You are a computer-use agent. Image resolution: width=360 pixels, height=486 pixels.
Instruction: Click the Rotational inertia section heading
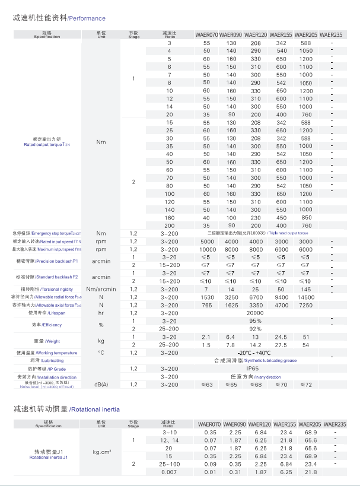(x=95, y=409)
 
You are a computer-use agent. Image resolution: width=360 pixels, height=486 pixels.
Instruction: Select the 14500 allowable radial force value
(x=306, y=297)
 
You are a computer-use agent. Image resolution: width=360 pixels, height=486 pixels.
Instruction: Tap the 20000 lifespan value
(x=256, y=313)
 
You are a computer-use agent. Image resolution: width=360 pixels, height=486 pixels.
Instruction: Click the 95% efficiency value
(x=256, y=320)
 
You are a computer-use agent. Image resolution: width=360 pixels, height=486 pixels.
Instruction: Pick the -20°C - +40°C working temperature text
(x=256, y=352)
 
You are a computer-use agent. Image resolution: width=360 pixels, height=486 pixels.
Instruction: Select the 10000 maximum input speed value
(x=207, y=249)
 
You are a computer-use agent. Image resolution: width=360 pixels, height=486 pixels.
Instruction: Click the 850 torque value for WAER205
(x=306, y=217)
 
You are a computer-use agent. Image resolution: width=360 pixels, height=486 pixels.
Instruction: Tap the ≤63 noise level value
(x=207, y=385)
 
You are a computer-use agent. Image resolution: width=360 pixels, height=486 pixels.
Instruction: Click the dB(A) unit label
(x=101, y=385)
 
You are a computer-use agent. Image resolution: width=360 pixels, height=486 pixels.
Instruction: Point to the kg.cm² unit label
(x=101, y=452)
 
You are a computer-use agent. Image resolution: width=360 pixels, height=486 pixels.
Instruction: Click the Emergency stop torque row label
(x=50, y=233)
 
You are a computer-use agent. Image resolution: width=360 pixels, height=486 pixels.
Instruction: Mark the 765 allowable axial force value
(x=207, y=305)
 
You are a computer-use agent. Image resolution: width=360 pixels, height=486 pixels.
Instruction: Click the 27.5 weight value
(x=281, y=345)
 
